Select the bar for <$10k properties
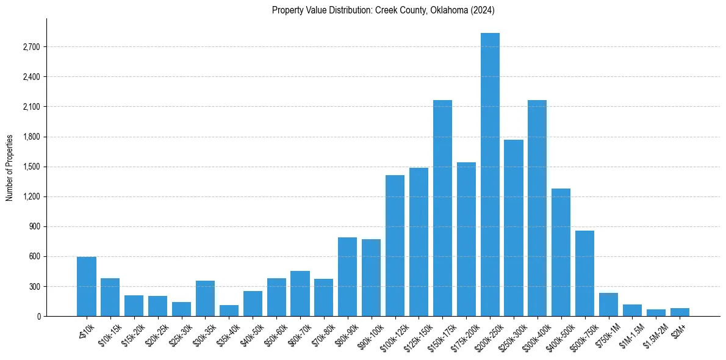point(87,287)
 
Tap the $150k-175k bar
point(442,208)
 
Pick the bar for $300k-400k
point(537,208)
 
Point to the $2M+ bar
point(680,312)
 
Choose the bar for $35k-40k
point(229,311)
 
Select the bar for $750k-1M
point(608,304)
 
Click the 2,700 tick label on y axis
point(31,47)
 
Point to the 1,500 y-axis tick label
point(31,167)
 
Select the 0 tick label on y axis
point(38,316)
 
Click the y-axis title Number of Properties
point(9,167)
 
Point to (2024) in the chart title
point(481,10)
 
